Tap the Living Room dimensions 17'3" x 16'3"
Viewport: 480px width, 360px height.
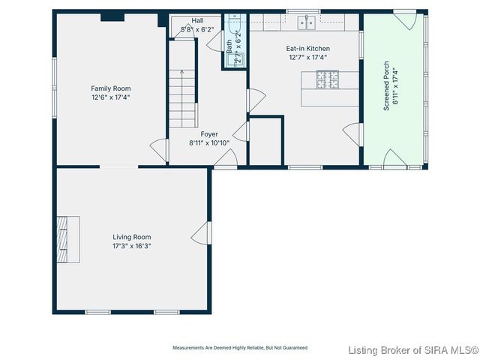pyautogui.click(x=132, y=246)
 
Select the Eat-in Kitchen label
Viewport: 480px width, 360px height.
pyautogui.click(x=307, y=49)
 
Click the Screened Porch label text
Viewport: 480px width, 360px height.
pyautogui.click(x=386, y=86)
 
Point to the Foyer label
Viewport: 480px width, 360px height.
pyautogui.click(x=198, y=133)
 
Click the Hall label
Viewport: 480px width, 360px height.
pyautogui.click(x=197, y=21)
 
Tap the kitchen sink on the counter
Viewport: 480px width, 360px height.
pyautogui.click(x=306, y=23)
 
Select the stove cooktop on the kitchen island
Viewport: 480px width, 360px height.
pyautogui.click(x=328, y=77)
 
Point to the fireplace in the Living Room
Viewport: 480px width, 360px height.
pyautogui.click(x=70, y=236)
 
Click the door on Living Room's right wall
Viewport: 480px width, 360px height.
pyautogui.click(x=201, y=233)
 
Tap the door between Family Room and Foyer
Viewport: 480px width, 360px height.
pyautogui.click(x=159, y=148)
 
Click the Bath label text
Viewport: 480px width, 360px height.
pyautogui.click(x=229, y=45)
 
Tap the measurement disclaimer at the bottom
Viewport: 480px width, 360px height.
pyautogui.click(x=240, y=348)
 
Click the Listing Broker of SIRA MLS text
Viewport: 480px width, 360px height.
pyautogui.click(x=413, y=350)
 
